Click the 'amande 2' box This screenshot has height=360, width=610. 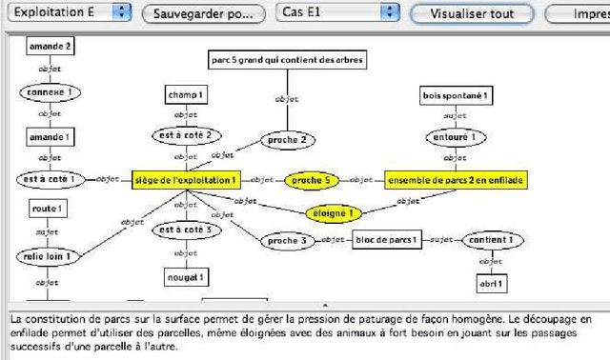(50, 45)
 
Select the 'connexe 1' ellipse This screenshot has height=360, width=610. (50, 92)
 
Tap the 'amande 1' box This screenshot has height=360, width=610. (50, 137)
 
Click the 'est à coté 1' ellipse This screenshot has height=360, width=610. (51, 179)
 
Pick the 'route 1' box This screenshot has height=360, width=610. (47, 209)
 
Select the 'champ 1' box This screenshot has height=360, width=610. (187, 95)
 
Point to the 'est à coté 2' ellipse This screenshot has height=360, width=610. (187, 135)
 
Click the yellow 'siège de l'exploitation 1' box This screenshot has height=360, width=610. (188, 179)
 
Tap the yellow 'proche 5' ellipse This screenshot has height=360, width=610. (311, 179)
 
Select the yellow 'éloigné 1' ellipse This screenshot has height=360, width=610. (336, 214)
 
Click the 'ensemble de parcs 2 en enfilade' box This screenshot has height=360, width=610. (456, 179)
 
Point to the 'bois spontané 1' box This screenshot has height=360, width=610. (456, 95)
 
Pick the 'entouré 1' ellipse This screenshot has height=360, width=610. (456, 137)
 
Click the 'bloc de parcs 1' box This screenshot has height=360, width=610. (387, 240)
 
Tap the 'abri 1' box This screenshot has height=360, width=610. (492, 284)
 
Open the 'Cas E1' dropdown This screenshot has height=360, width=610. (337, 13)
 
